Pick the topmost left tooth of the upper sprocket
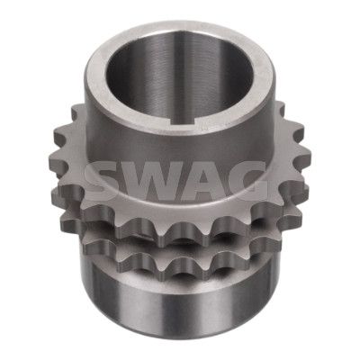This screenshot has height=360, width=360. coord(77,112)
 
